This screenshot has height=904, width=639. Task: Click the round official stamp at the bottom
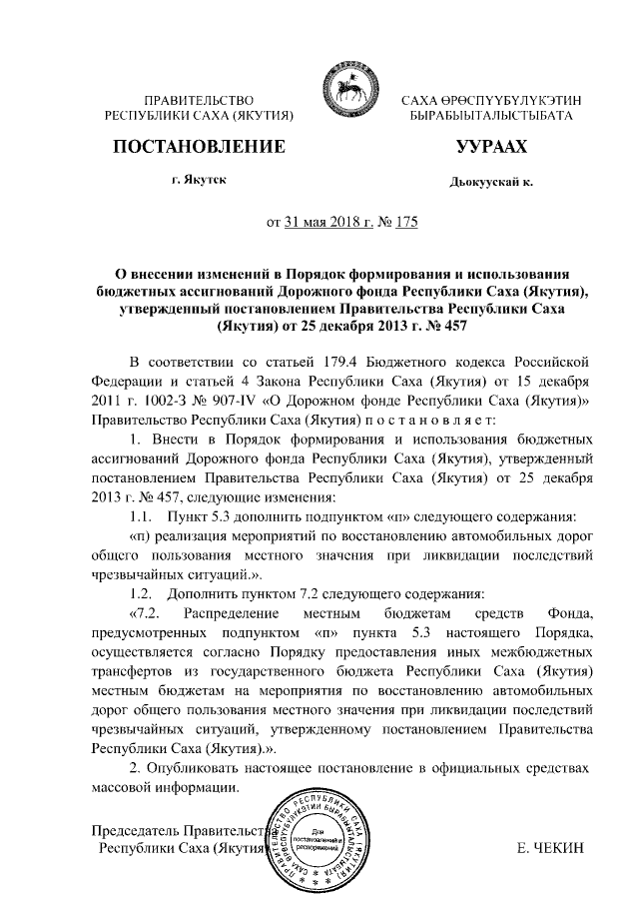click(327, 844)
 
